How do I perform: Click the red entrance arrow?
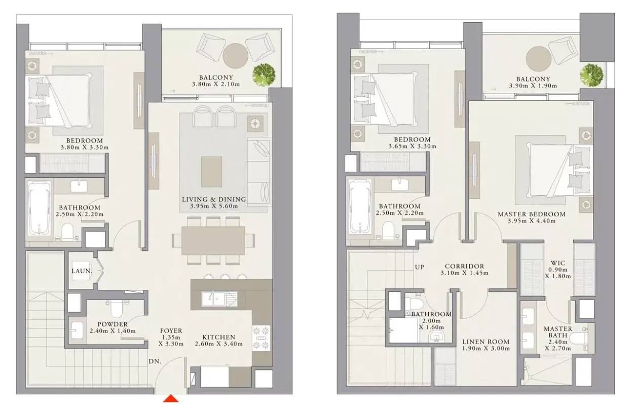pyautogui.click(x=171, y=399)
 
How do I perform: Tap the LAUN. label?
pyautogui.click(x=82, y=271)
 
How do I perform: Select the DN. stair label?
pyautogui.click(x=155, y=361)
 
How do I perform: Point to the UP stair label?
pyautogui.click(x=419, y=267)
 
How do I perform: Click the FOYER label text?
pyautogui.click(x=171, y=330)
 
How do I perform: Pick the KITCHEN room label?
pyautogui.click(x=219, y=337)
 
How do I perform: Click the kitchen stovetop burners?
pyautogui.click(x=261, y=338)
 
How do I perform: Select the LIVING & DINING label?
pyautogui.click(x=214, y=199)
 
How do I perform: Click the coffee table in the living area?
pyautogui.click(x=211, y=172)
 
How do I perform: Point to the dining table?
pyautogui.click(x=213, y=241)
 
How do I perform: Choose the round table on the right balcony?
pyautogui.click(x=538, y=59)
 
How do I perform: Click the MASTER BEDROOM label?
pyautogui.click(x=532, y=214)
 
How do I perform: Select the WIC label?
pyautogui.click(x=558, y=262)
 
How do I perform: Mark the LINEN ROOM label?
pyautogui.click(x=486, y=342)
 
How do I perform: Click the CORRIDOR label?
pyautogui.click(x=465, y=266)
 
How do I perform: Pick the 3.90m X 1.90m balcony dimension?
pyautogui.click(x=533, y=86)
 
